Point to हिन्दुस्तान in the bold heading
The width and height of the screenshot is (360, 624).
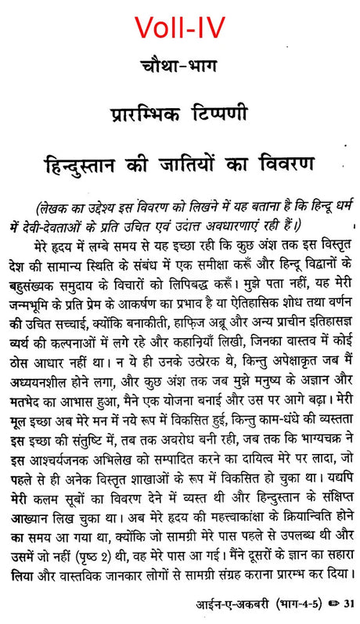92,166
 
